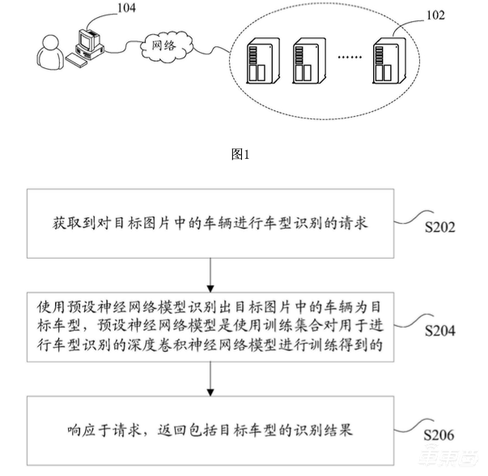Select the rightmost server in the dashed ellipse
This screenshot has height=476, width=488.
(x=388, y=61)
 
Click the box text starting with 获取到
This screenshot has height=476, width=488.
(x=209, y=223)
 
